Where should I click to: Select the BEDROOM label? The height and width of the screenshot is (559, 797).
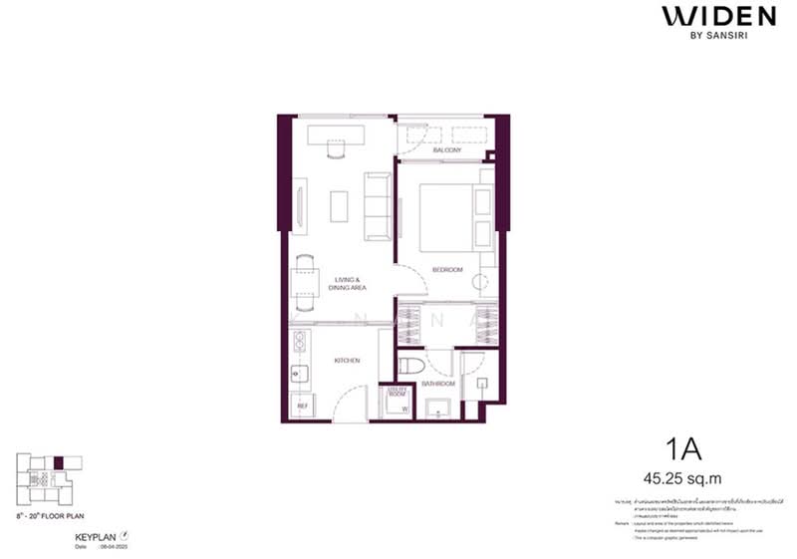(446, 269)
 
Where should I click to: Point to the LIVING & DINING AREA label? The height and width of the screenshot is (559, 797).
(350, 284)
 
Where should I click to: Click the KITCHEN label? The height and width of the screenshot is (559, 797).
(346, 361)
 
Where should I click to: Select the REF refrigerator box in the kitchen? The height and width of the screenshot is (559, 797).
(302, 406)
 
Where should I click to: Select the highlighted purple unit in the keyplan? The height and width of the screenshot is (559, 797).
(59, 461)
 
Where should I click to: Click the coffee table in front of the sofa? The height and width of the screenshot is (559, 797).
(339, 204)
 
